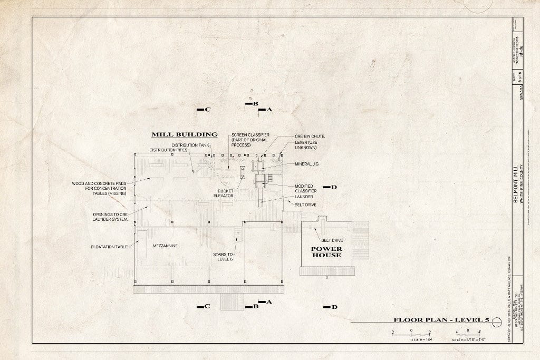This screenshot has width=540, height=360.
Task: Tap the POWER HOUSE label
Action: tap(326, 252)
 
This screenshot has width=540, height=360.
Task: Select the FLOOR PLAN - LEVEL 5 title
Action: tap(441, 320)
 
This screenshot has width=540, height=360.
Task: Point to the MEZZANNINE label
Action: tap(165, 246)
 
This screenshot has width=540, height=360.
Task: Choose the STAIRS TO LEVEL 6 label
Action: tap(223, 256)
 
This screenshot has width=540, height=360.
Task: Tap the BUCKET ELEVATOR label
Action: tap(223, 193)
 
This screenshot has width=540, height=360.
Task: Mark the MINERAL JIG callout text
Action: tap(307, 164)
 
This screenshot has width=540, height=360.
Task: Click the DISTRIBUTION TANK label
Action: tap(190, 145)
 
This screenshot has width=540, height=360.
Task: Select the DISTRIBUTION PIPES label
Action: tap(168, 150)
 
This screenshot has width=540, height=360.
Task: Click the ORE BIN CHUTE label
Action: tap(310, 136)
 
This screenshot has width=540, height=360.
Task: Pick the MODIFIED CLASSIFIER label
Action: tap(306, 189)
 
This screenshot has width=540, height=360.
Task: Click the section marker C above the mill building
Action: tap(204, 110)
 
